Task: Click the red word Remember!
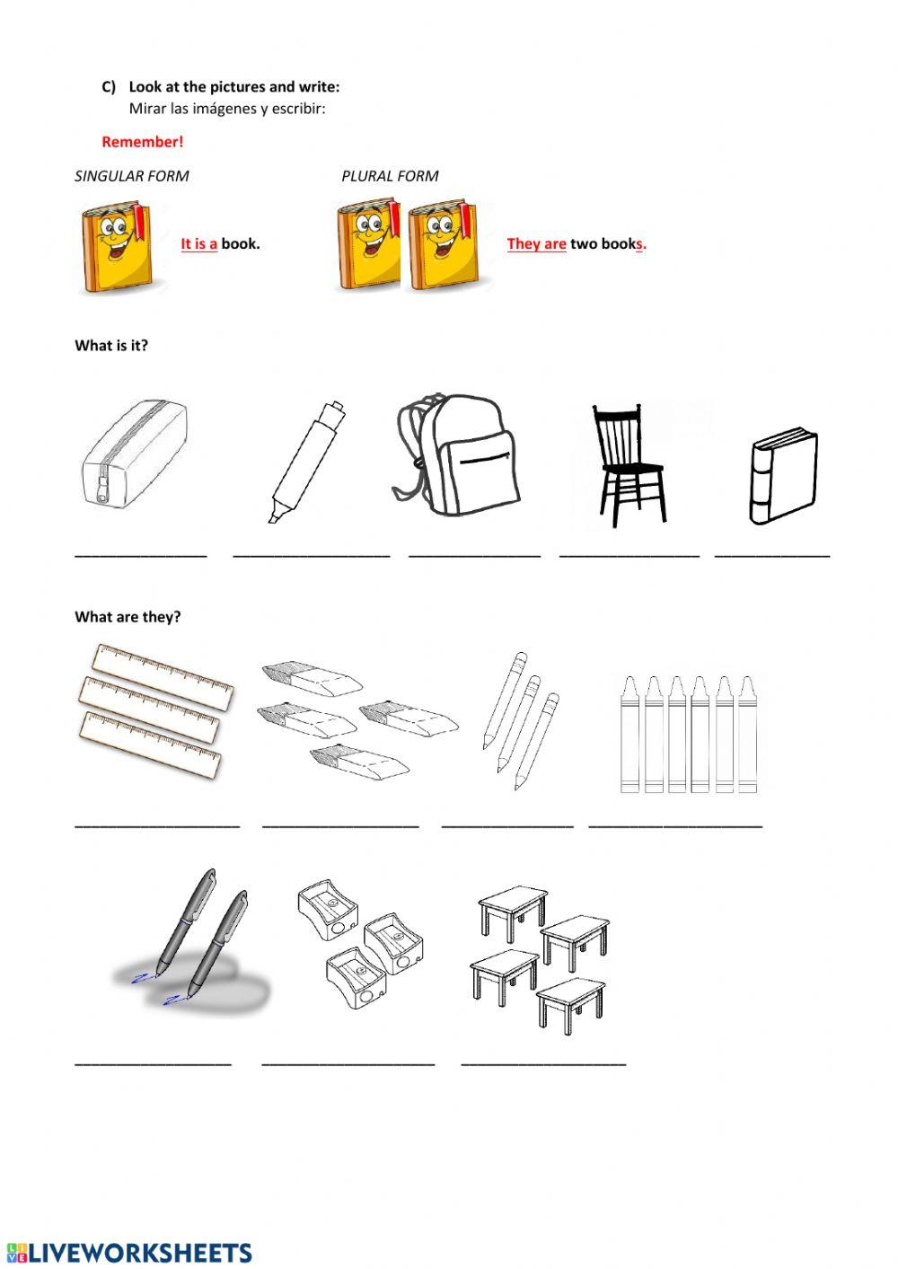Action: pos(142,142)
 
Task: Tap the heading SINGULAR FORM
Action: pos(132,176)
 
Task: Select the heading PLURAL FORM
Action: pos(390,176)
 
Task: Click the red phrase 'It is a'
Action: pos(198,244)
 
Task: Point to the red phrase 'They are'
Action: pos(536,244)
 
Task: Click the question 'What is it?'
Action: pos(111,346)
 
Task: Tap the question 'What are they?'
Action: pos(128,617)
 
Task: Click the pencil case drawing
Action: pos(135,457)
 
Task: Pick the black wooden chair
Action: pos(628,463)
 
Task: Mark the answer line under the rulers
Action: pos(157,824)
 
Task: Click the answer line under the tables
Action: pos(543,1063)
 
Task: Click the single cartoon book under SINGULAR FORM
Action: pos(117,247)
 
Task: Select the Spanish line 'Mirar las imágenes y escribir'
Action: pos(227,109)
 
